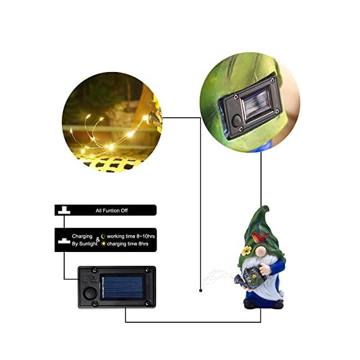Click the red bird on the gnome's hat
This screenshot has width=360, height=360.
pos(259,238)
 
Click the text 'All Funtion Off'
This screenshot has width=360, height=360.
pos(111,211)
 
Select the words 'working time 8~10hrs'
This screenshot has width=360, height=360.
pos(131,236)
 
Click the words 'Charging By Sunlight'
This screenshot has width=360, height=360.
pos(82,241)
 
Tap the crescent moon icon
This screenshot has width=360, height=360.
pos(103,236)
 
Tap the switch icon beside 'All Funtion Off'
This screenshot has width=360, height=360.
pos(63,210)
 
